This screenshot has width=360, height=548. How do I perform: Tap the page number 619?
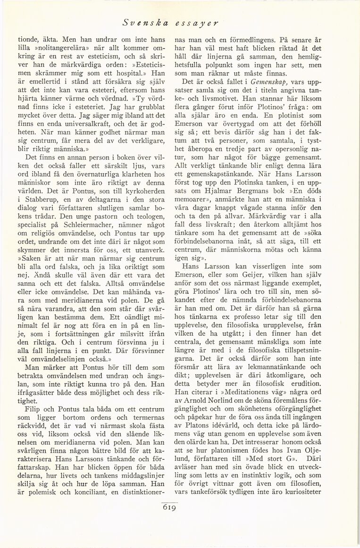tap(170, 508)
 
